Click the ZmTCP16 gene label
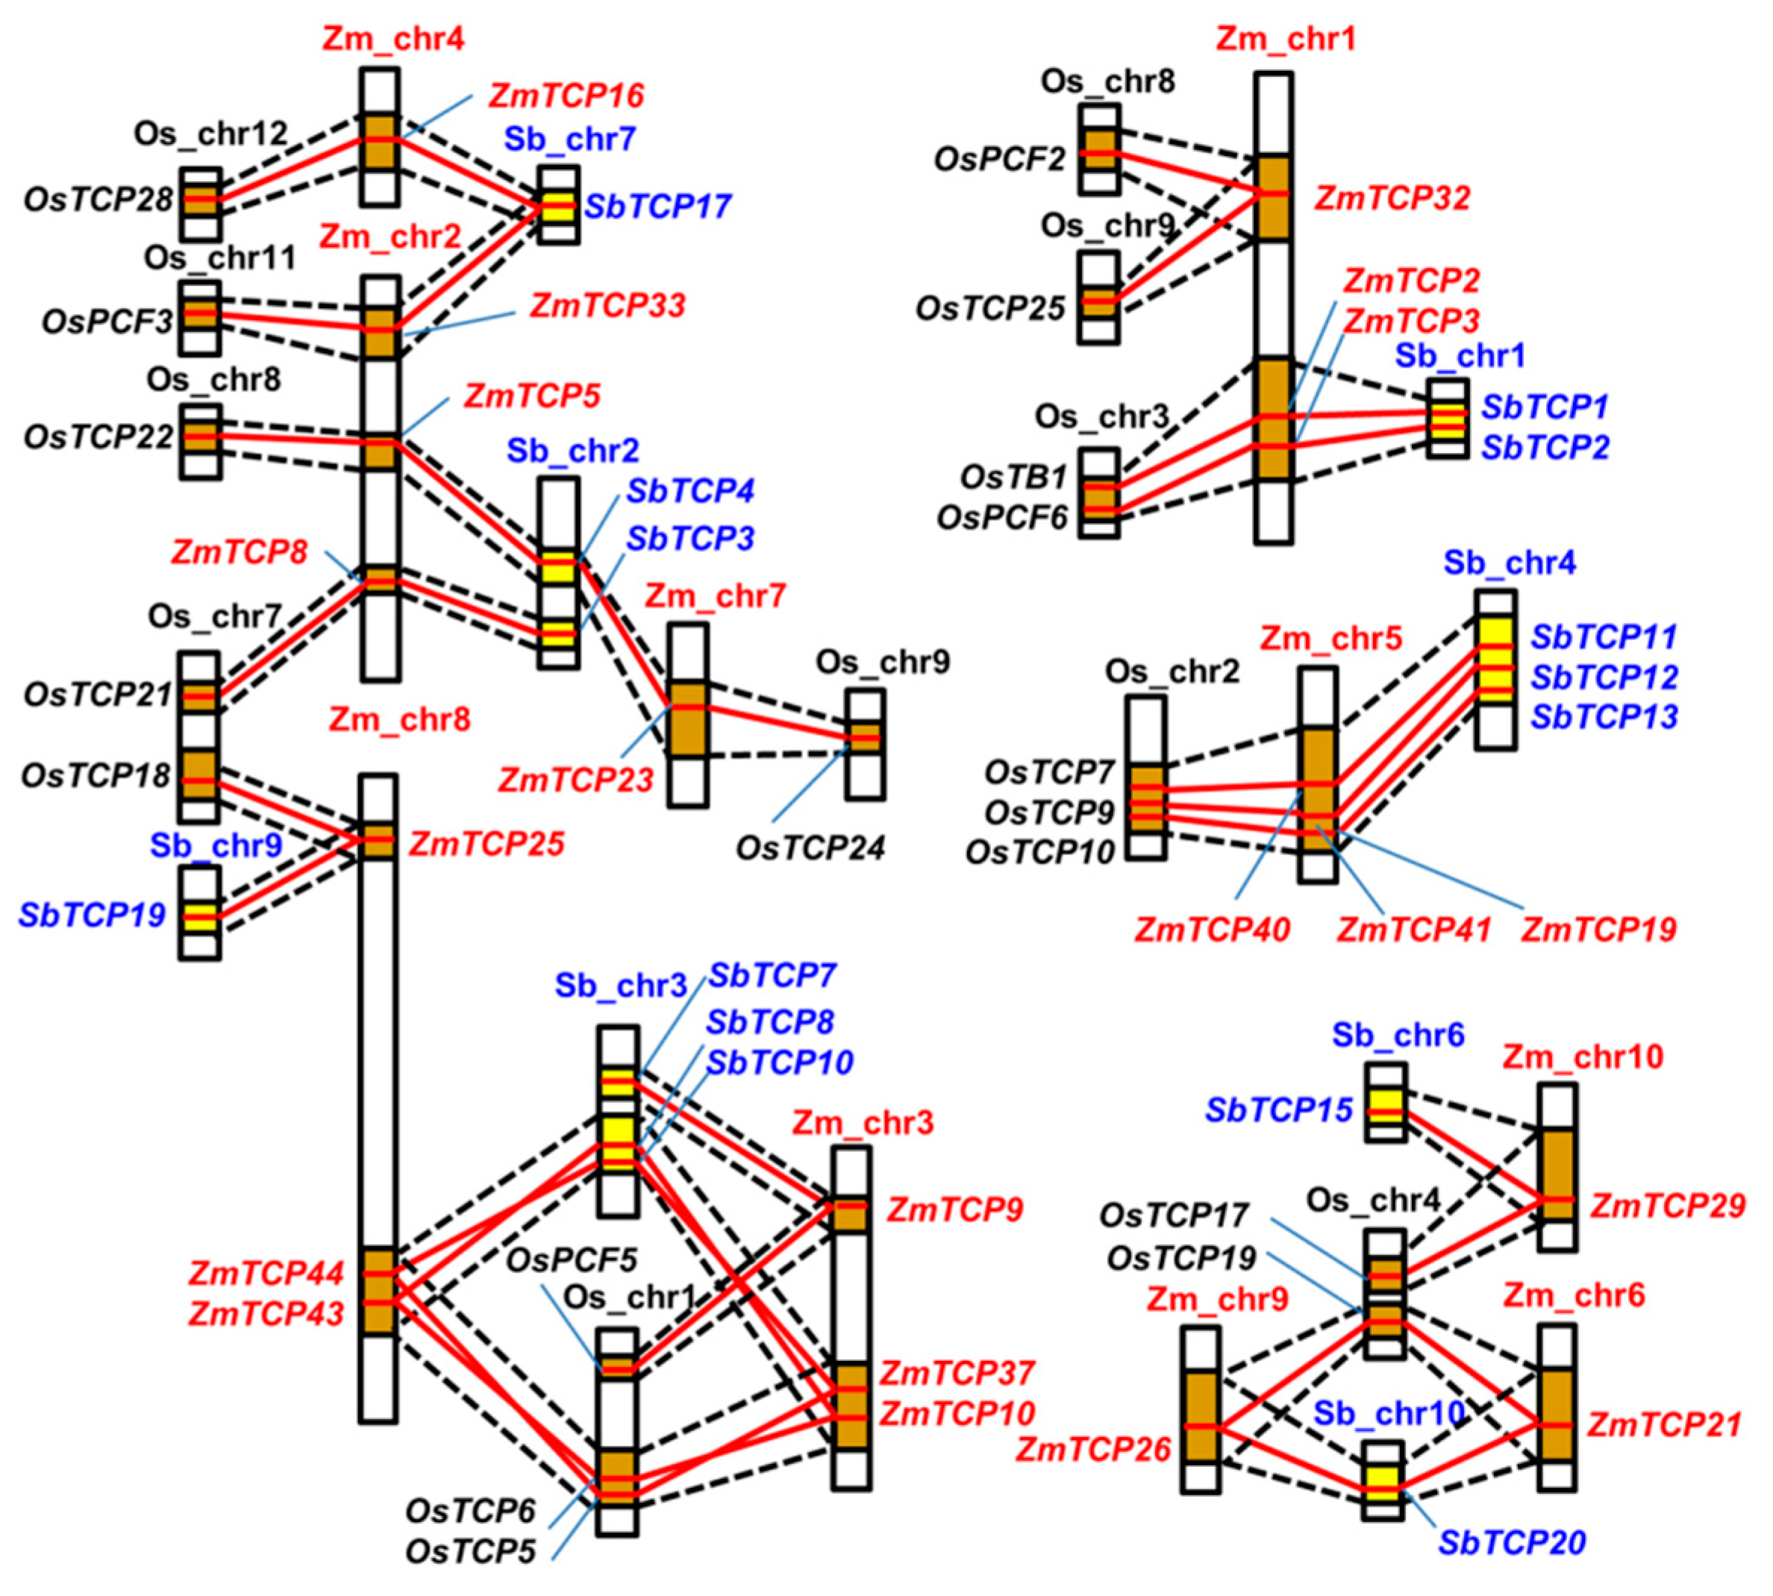tap(566, 96)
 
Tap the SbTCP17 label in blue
tap(657, 207)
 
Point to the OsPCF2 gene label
tap(1000, 160)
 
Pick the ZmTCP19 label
tap(1598, 930)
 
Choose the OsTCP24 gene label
tap(810, 848)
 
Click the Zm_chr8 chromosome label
tap(399, 720)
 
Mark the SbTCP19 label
tap(92, 916)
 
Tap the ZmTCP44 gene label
tap(266, 1273)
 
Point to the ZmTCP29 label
tap(1668, 1207)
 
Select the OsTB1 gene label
tap(1013, 478)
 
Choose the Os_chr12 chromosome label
tap(210, 134)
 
